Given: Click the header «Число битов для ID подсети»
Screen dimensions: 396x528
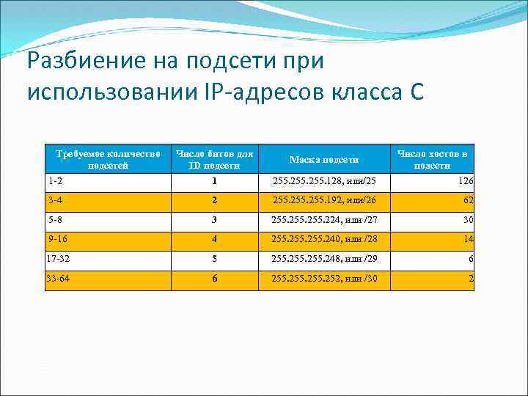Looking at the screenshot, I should click(x=214, y=159).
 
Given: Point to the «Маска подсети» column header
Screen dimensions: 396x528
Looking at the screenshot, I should click(x=324, y=159).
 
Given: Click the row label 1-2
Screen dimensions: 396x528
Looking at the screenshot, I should click(x=55, y=180).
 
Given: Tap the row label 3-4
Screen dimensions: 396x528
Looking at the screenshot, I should click(x=55, y=199).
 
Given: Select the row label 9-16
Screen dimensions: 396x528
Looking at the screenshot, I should click(x=56, y=238).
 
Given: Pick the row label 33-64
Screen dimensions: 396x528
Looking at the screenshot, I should click(x=59, y=279).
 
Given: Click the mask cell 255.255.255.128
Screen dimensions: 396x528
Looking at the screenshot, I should click(x=324, y=180).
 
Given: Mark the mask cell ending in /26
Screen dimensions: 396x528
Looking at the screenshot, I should click(x=324, y=199).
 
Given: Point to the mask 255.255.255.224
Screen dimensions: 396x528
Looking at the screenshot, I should click(x=324, y=219).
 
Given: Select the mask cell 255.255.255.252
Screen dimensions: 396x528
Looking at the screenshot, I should click(x=324, y=279).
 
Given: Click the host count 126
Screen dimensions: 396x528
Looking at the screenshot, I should click(x=465, y=180).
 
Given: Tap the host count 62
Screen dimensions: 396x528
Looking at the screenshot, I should click(x=468, y=199).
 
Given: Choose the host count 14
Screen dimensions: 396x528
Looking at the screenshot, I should click(x=468, y=239).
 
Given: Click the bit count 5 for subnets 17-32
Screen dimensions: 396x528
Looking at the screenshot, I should click(x=214, y=259).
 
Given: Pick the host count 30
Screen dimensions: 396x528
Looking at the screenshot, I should click(x=468, y=219).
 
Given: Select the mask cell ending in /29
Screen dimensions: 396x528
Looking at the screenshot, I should click(x=324, y=259).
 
